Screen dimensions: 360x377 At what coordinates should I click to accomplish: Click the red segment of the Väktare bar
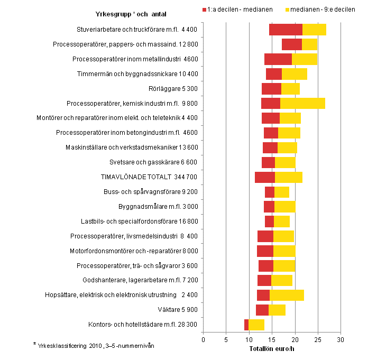pos(262,310)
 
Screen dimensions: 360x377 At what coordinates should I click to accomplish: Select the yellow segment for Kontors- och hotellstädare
pos(256,325)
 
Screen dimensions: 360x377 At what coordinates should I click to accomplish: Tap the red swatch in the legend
pos(206,10)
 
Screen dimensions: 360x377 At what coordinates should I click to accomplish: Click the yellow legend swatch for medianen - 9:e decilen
pos(289,10)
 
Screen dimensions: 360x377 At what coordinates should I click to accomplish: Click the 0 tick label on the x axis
pos(204,339)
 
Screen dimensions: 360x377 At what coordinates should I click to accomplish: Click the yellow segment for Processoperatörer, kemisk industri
pos(302,103)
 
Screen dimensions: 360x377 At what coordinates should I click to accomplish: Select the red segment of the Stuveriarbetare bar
pos(286,30)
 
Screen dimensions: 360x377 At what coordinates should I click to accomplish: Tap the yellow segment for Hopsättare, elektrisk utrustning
pos(287,295)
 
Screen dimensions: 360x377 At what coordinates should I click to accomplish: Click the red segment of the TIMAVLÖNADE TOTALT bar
pos(265,177)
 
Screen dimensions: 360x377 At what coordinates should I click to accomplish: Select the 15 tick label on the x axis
pos(272,339)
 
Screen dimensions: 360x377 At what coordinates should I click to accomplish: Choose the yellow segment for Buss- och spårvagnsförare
pos(282,192)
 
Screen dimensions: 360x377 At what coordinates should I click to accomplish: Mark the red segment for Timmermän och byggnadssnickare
pos(274,74)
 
